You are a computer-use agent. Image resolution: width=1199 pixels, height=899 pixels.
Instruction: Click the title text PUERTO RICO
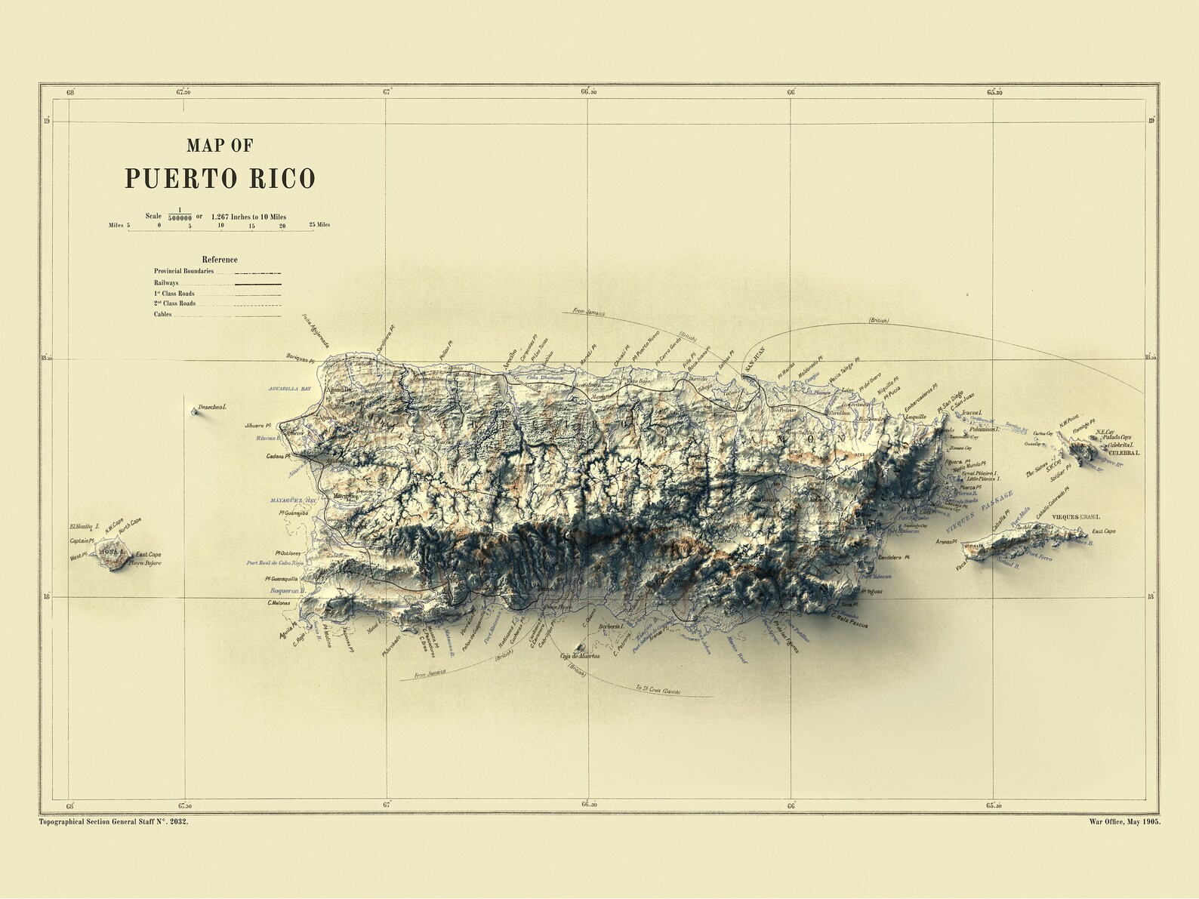coord(220,179)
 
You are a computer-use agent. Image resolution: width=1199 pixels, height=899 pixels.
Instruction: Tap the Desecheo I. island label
coord(214,407)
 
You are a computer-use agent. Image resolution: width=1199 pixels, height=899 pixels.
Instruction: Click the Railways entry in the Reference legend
coord(167,283)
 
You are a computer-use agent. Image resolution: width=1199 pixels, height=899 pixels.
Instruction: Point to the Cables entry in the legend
coord(163,314)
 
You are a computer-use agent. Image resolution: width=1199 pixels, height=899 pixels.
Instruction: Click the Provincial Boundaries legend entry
coord(184,271)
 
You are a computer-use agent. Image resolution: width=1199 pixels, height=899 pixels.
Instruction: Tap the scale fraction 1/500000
coord(179,214)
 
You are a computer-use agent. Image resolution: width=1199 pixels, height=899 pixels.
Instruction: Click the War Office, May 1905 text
coord(1125,821)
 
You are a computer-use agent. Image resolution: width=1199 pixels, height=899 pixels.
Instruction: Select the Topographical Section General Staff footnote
coord(113,821)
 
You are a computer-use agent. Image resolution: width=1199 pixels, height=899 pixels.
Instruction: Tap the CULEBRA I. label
coord(1123,453)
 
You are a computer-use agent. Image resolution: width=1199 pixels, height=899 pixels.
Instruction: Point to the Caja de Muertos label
coord(580,656)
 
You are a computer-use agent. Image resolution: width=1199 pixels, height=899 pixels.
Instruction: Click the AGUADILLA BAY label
coord(290,388)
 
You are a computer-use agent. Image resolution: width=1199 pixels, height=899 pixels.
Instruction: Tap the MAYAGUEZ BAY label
coord(294,500)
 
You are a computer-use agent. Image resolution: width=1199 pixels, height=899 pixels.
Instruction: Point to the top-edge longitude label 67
coord(387,92)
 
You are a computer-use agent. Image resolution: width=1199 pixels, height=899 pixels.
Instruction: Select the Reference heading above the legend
coord(220,259)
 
